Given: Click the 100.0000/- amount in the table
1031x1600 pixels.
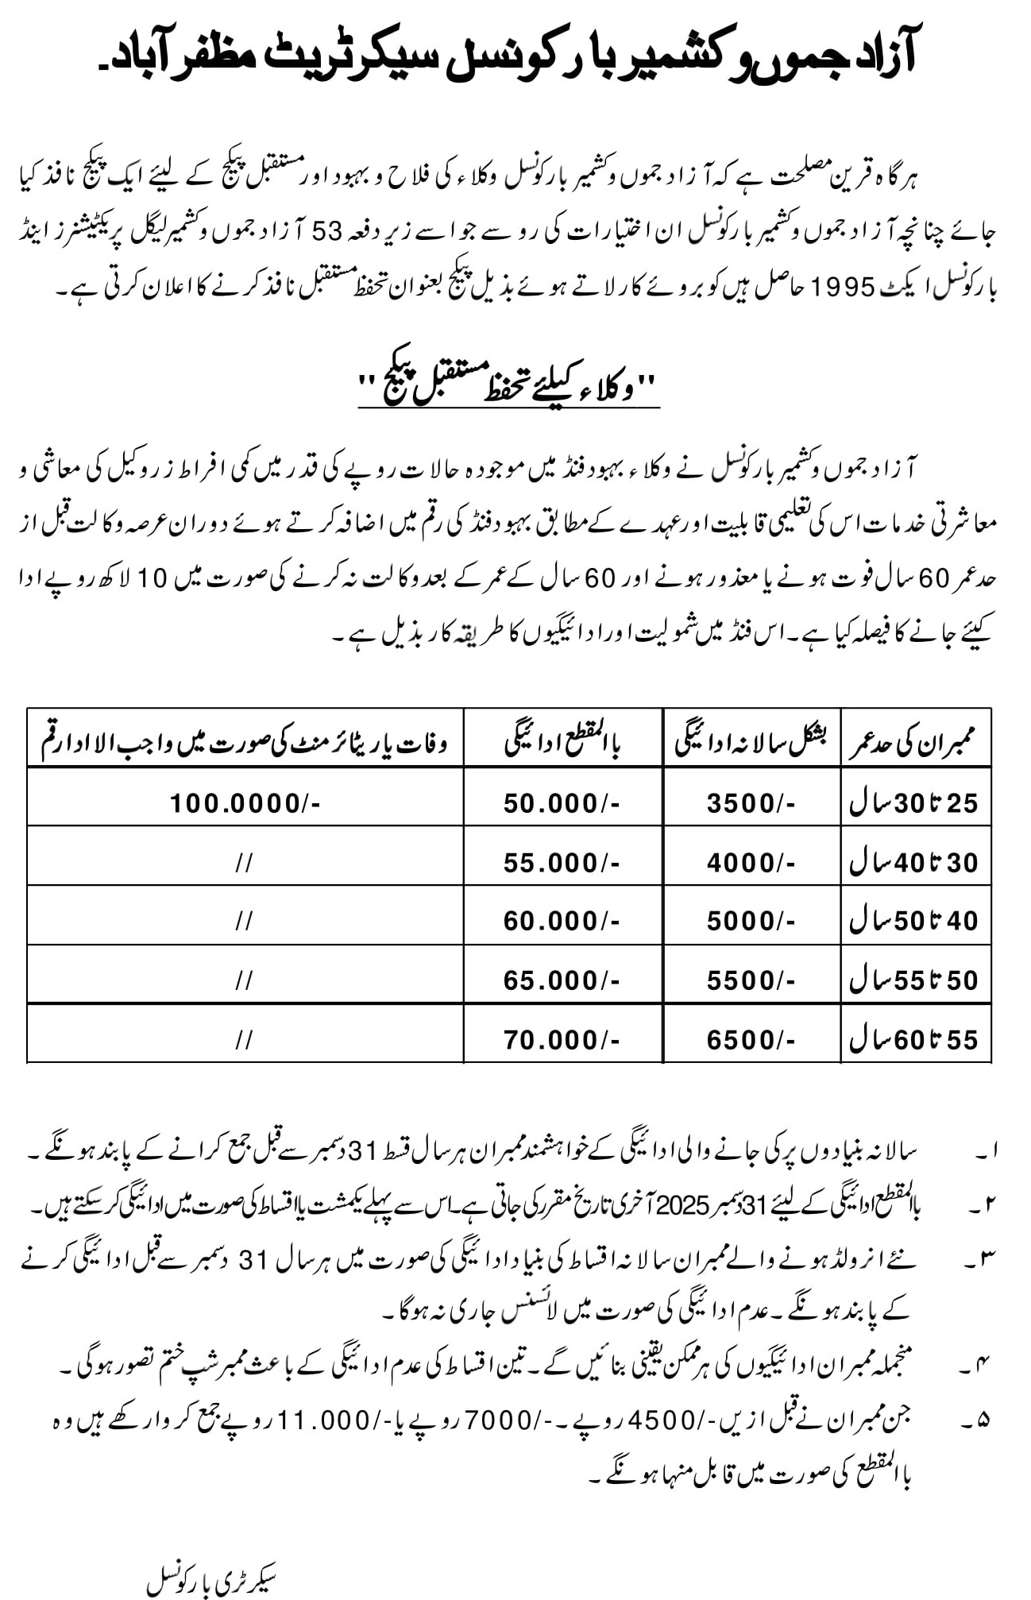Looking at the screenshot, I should (245, 803).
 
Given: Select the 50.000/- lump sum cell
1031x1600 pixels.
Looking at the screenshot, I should (562, 803).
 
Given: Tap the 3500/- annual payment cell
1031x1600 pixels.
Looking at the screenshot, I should (751, 803).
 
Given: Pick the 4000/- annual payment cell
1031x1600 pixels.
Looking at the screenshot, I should (751, 862).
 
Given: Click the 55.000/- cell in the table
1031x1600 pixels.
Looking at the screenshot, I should (562, 862).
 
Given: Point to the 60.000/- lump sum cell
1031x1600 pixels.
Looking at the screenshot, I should (562, 921).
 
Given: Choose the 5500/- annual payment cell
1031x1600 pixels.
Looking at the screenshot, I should (751, 980).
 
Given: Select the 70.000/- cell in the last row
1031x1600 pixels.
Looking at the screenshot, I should (562, 1039).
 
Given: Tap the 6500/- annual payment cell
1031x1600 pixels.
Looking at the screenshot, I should (751, 1039).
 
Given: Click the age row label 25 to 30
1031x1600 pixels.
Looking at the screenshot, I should (914, 803).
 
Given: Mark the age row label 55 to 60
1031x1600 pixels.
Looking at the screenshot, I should (914, 1039).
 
